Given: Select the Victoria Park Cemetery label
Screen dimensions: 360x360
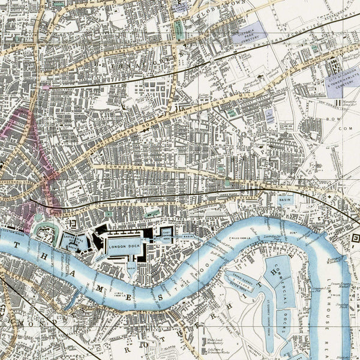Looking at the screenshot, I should (x=250, y=33).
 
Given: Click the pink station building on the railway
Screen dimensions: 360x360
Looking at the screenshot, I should (x=46, y=87).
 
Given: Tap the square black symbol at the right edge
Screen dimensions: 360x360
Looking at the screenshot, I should (x=355, y=238).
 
